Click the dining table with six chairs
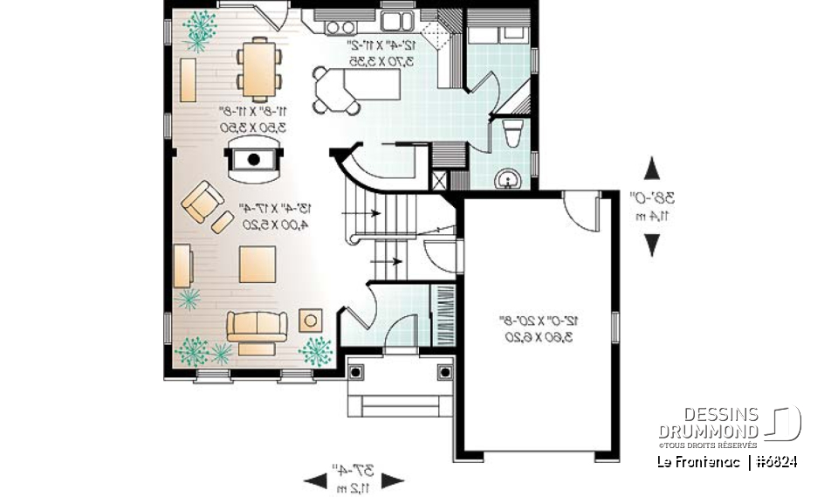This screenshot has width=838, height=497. click(259, 68)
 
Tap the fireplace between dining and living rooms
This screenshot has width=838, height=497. click(254, 159)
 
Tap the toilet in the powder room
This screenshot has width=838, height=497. click(513, 135)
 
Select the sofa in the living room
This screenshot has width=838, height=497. click(257, 326)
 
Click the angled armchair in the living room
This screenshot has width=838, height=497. click(200, 202)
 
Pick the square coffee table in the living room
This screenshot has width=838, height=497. click(258, 264)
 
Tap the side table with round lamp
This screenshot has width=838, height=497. click(311, 320)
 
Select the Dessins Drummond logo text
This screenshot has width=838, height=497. click(708, 423)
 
